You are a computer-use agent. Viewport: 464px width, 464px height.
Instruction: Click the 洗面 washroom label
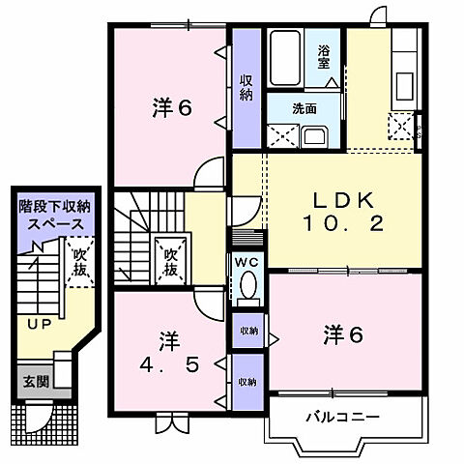pyautogui.click(x=304, y=108)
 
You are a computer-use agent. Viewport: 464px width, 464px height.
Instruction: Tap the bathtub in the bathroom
pyautogui.click(x=284, y=59)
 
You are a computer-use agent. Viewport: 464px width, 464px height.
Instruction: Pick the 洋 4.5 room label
pyautogui.click(x=169, y=355)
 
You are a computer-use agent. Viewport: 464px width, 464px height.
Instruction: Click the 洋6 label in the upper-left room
pyautogui.click(x=170, y=108)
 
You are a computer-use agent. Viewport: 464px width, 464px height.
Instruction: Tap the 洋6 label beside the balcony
pyautogui.click(x=342, y=335)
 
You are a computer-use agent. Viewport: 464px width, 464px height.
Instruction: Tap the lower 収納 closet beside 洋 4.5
pyautogui.click(x=248, y=381)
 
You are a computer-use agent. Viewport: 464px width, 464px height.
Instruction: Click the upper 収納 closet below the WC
pyautogui.click(x=248, y=330)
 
